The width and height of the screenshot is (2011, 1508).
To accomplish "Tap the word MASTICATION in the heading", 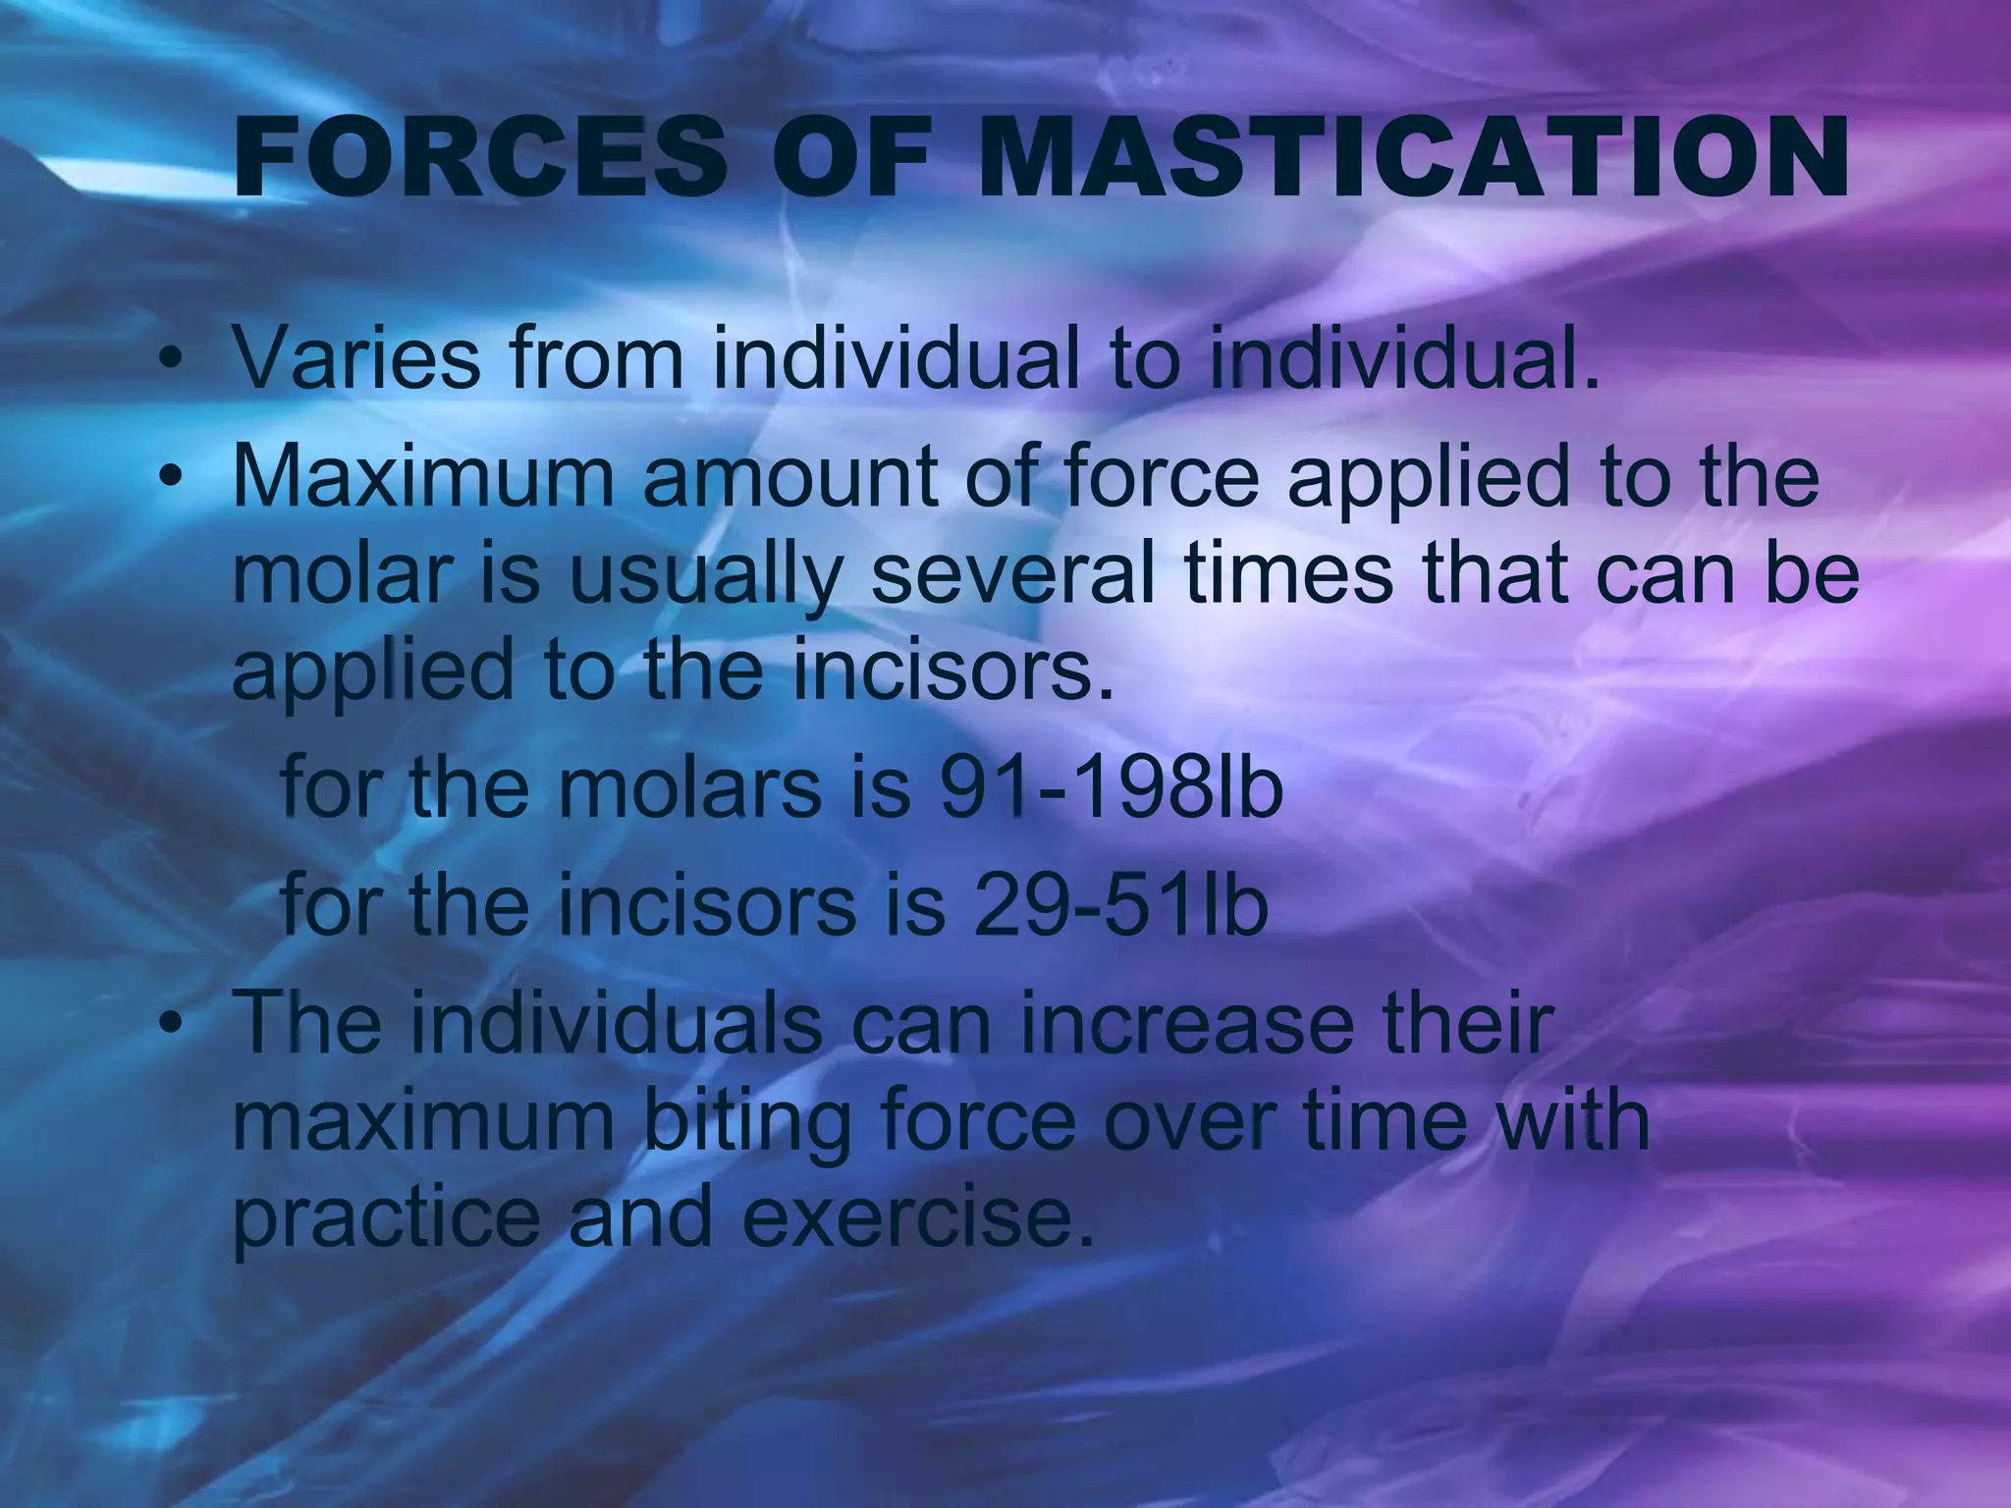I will pyautogui.click(x=1413, y=159).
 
